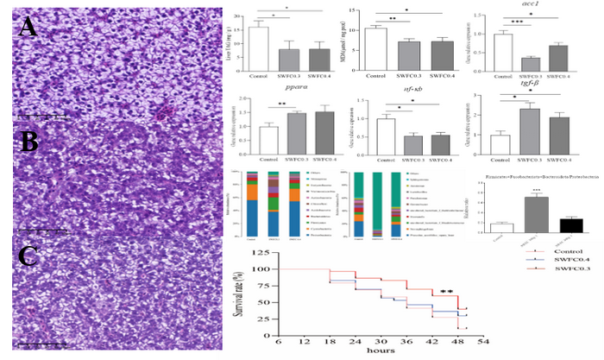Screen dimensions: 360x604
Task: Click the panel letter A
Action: (x=27, y=28)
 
